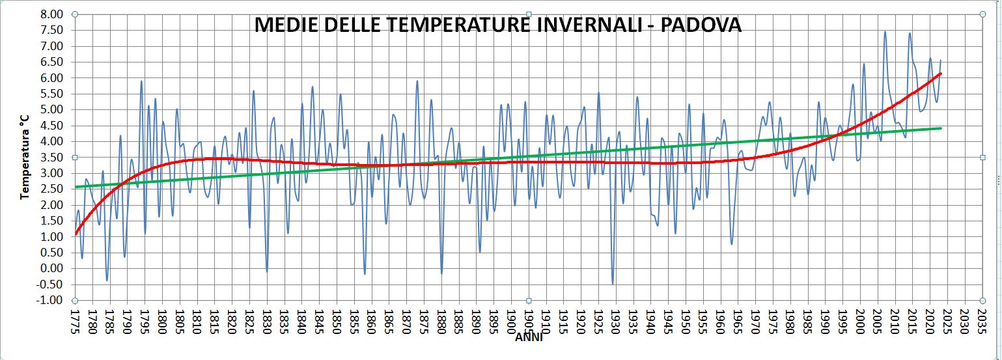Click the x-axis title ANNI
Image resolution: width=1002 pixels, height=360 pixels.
tap(528, 337)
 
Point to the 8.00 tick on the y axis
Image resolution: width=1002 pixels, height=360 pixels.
tap(53, 14)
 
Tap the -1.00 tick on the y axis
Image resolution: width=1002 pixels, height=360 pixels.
tap(51, 300)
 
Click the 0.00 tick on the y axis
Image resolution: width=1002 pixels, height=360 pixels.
tap(53, 268)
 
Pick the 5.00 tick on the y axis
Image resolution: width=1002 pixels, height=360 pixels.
tap(53, 109)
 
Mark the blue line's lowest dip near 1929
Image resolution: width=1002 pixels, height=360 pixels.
tap(613, 284)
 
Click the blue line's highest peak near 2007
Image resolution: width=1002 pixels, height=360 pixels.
tap(885, 31)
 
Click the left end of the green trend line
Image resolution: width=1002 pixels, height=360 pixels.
tap(76, 187)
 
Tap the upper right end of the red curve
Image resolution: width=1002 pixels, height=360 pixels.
tap(940, 74)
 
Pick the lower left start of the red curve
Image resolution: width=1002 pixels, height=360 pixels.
tap(76, 233)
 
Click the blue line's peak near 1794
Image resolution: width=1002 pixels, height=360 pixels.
tap(141, 81)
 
